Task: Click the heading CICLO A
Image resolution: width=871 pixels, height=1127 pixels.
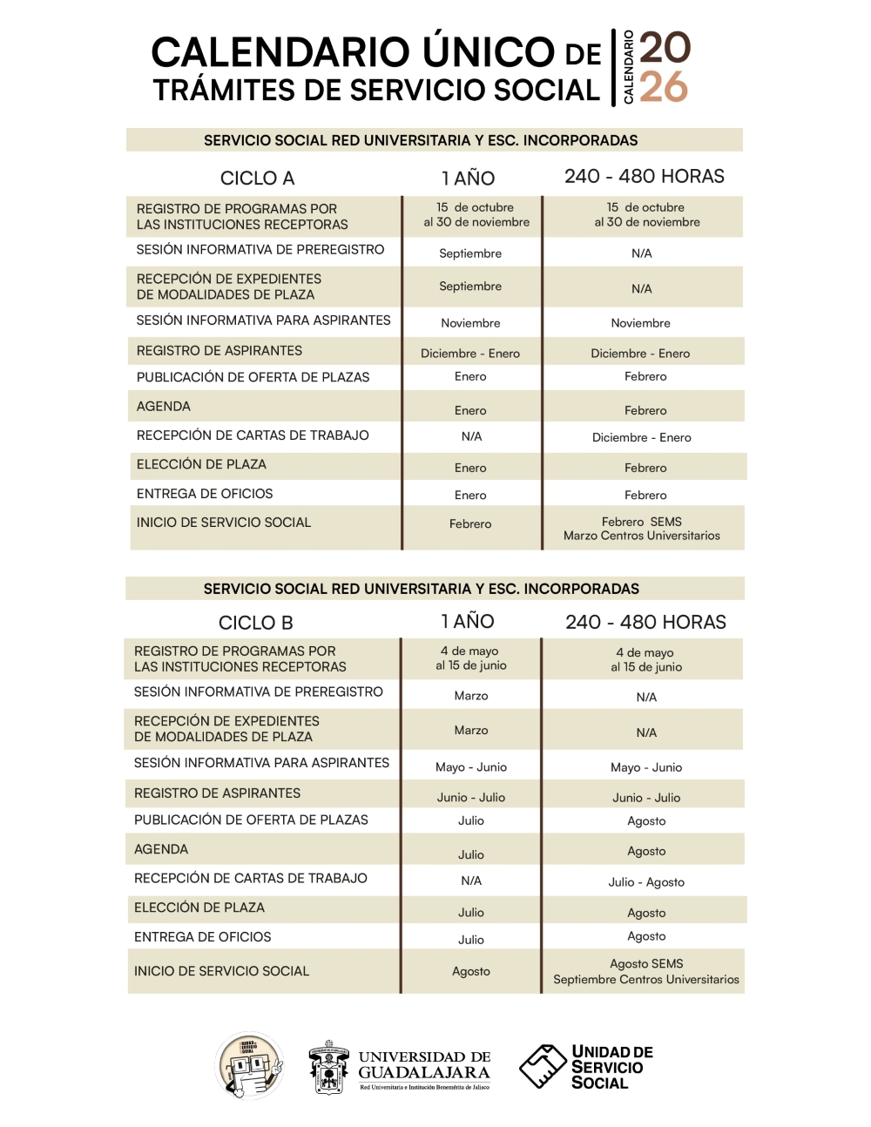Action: point(257,179)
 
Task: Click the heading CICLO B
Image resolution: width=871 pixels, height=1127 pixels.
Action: point(255,623)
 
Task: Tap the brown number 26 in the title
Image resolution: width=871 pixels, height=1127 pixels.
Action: point(664,87)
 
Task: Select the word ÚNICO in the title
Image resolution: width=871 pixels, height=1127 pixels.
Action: point(468,52)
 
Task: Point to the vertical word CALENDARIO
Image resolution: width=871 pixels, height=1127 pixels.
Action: point(628,67)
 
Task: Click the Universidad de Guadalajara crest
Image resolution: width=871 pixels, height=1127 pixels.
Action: point(329,1067)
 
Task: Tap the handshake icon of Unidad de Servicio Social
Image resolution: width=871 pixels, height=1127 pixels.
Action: point(543,1067)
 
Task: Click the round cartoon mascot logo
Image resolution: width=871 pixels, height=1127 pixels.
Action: point(250,1065)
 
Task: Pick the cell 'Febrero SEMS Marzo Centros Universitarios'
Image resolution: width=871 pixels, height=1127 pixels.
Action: point(642,529)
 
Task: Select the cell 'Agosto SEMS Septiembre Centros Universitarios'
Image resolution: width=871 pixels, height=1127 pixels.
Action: point(646,972)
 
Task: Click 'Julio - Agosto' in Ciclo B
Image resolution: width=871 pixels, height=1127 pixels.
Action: point(646,882)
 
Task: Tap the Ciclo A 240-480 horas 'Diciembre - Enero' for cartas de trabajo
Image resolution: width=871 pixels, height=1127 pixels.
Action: point(642,437)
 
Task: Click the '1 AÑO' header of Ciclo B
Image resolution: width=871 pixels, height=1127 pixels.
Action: point(468,621)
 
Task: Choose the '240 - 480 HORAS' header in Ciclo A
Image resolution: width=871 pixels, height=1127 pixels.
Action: point(645,177)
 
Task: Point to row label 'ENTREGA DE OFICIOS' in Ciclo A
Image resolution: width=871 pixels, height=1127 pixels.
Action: point(205,494)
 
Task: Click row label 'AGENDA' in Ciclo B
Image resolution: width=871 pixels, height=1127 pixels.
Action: point(161,849)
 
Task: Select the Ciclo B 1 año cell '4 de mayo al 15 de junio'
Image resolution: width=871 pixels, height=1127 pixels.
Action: point(471,658)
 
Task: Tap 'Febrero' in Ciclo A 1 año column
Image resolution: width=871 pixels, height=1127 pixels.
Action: point(470,524)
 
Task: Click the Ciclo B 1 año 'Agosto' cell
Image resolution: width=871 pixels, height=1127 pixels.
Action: point(471,972)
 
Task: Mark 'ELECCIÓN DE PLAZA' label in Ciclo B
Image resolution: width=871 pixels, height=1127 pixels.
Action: point(199,908)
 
